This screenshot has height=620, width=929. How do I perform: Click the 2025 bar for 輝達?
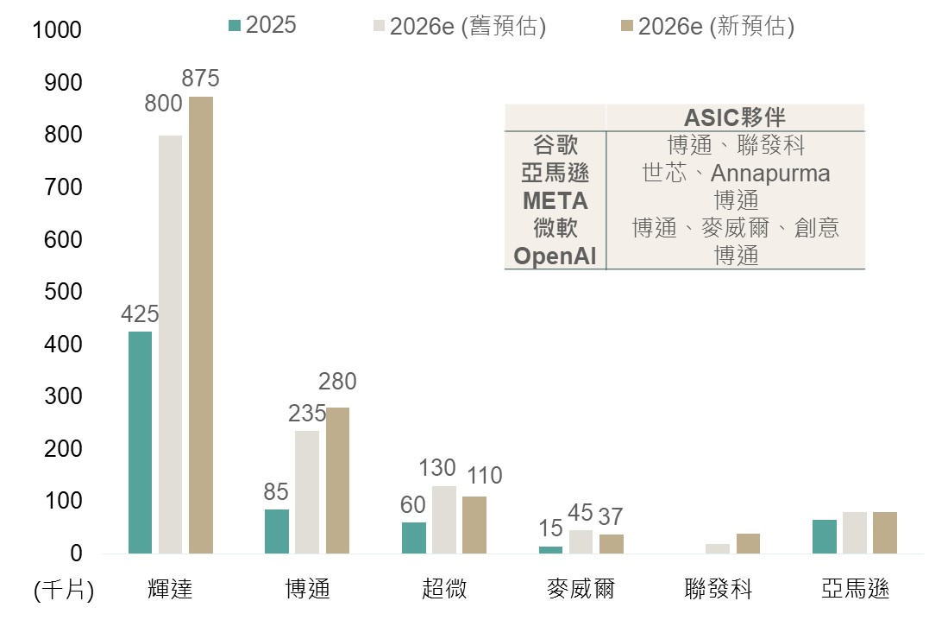click(x=140, y=442)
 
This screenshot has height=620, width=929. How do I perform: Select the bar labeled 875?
click(x=200, y=325)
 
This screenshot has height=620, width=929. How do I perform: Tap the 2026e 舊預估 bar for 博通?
click(x=306, y=491)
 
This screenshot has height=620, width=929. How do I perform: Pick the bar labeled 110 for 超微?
click(x=474, y=524)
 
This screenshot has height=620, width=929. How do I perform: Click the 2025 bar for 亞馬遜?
click(x=824, y=536)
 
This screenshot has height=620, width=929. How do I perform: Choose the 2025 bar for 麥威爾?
click(x=550, y=549)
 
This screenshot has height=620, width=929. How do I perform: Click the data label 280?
click(x=337, y=382)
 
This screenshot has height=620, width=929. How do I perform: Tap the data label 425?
click(x=140, y=315)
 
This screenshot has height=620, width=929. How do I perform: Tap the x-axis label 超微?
click(x=444, y=589)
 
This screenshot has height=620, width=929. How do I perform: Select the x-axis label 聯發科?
click(x=718, y=589)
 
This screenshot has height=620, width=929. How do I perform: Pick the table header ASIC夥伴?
click(x=735, y=117)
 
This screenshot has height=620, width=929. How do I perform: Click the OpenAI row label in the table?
click(x=555, y=256)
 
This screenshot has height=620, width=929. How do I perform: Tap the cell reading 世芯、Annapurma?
click(x=736, y=174)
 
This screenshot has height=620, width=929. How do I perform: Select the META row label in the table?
click(x=555, y=201)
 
